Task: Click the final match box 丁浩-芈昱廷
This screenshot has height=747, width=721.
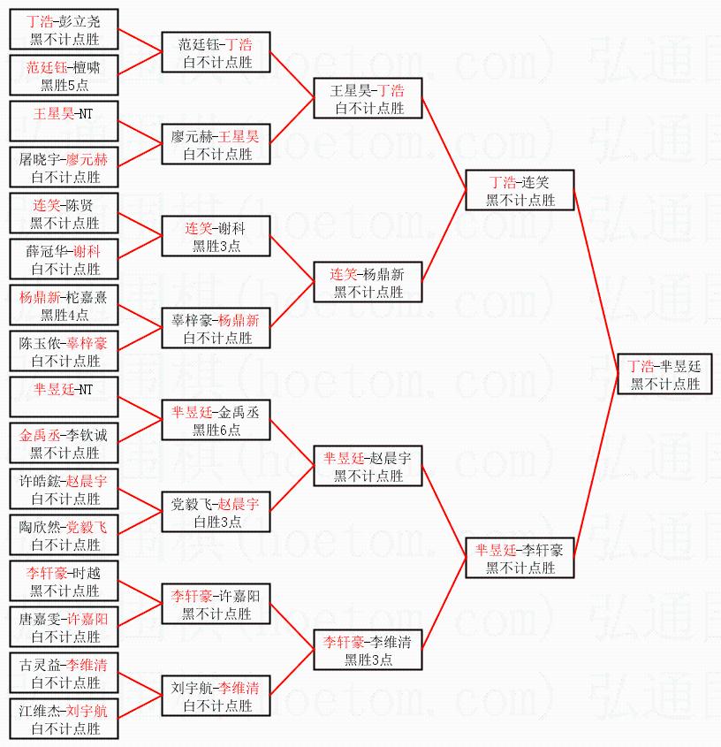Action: point(664,374)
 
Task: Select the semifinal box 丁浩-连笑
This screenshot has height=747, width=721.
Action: point(520,190)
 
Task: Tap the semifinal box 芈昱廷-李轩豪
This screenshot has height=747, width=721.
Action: point(520,558)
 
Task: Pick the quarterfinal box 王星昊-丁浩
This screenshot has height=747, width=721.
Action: point(368,98)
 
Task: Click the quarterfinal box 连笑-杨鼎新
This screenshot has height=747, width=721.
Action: point(368,282)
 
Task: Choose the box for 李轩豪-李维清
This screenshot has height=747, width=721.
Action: point(368,650)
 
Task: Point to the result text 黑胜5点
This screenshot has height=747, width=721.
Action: point(65,86)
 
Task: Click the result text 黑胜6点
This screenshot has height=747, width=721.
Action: point(216,431)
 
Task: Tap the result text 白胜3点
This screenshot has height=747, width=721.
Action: point(216,522)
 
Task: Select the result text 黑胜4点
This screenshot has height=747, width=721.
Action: point(65,316)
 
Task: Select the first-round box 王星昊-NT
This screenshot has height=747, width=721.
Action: point(65,121)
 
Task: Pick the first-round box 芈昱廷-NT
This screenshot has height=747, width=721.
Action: point(65,397)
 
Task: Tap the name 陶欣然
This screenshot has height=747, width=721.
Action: point(41,527)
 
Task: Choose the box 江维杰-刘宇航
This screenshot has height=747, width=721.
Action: point(65,719)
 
